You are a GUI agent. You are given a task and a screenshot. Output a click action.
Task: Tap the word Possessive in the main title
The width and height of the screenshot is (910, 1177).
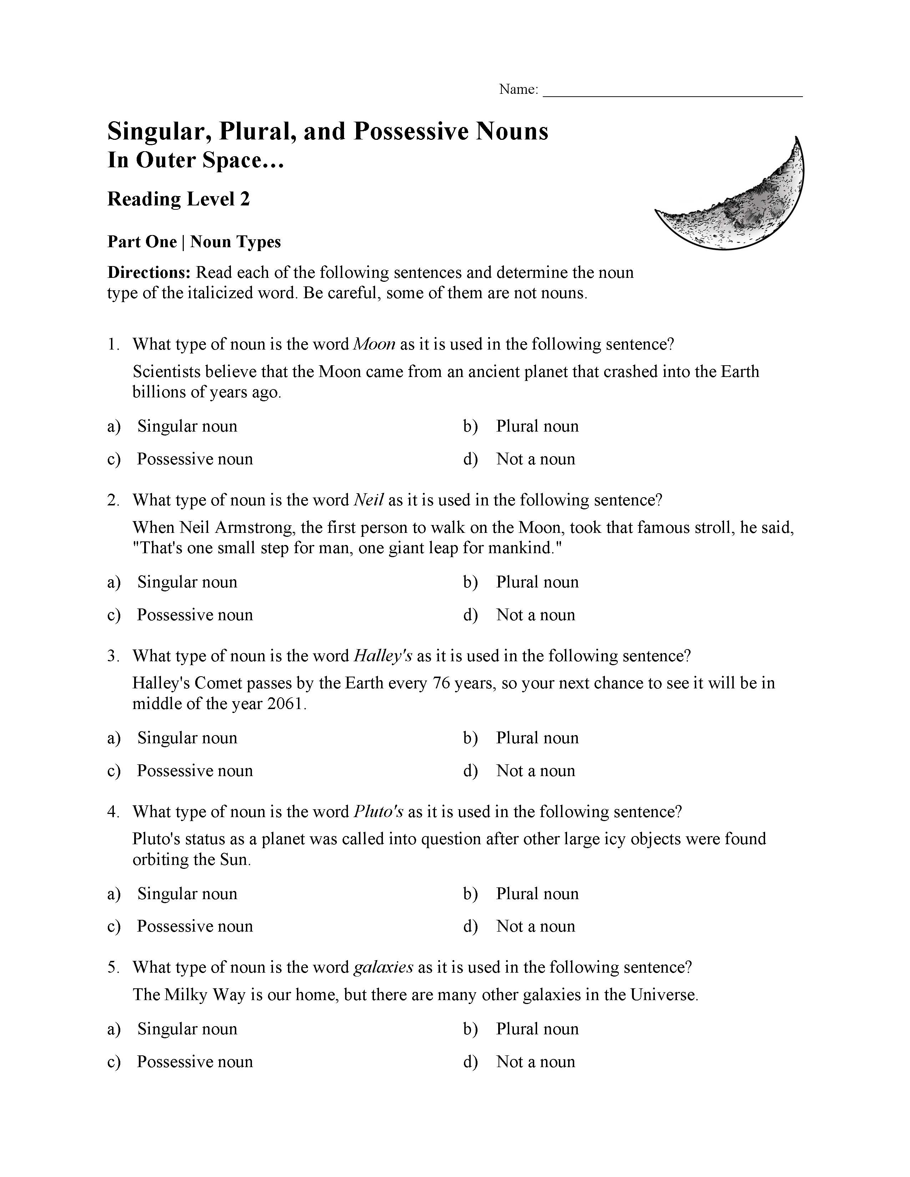(410, 132)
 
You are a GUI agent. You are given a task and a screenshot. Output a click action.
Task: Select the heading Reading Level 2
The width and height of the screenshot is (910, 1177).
(178, 199)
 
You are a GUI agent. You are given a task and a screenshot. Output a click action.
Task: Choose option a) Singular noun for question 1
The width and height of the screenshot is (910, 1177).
(187, 426)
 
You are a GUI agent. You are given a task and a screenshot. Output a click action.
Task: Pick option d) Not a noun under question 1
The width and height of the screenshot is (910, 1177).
(535, 459)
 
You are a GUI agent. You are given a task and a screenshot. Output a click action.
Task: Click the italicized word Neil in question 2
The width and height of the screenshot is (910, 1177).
(369, 500)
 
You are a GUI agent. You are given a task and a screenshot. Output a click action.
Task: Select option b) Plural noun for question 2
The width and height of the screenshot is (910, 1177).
(537, 582)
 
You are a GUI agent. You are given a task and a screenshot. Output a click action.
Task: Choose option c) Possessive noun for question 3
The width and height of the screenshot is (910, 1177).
(194, 771)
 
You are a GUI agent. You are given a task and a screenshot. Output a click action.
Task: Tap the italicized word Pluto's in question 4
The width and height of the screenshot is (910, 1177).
(378, 812)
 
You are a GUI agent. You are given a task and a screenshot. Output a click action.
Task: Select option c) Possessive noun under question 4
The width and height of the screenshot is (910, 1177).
(194, 926)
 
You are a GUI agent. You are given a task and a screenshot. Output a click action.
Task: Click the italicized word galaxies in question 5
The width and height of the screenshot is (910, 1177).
(383, 967)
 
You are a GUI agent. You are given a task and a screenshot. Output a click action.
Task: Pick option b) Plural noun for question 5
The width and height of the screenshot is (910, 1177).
(537, 1029)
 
